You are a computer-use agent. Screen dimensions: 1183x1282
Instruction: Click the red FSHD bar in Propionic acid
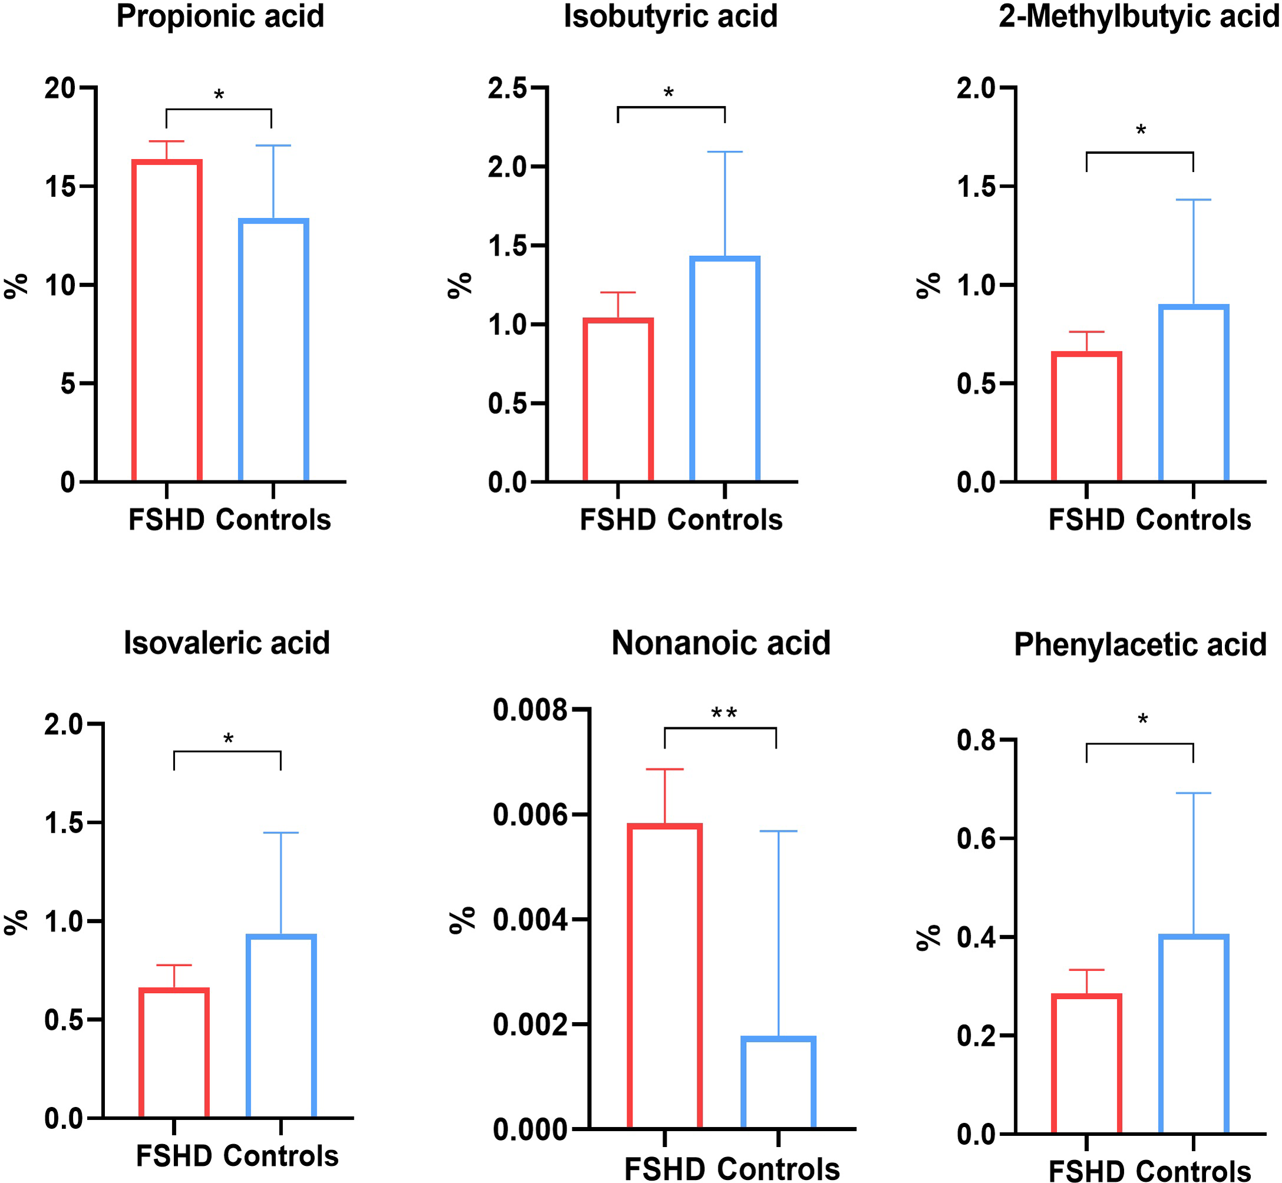[x=167, y=320]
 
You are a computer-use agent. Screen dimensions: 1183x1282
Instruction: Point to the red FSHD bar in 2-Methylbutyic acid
[x=1086, y=417]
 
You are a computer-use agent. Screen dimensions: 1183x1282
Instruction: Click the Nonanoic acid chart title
[x=721, y=642]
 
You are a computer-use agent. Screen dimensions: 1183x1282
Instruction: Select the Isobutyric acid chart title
[x=670, y=16]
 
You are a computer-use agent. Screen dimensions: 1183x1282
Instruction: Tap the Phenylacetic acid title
[x=1140, y=645]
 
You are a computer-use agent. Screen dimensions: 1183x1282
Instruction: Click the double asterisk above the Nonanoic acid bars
[x=724, y=713]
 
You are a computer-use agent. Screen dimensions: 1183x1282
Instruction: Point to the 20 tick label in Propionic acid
[x=60, y=88]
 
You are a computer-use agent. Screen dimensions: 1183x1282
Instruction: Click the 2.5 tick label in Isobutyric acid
[x=507, y=88]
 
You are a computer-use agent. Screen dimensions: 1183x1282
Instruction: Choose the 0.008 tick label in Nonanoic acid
[x=530, y=711]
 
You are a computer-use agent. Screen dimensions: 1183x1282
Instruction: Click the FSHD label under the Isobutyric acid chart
[x=618, y=520]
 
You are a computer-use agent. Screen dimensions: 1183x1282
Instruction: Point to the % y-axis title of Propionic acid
[x=16, y=285]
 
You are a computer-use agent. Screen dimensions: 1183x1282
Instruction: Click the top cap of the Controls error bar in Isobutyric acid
[x=724, y=152]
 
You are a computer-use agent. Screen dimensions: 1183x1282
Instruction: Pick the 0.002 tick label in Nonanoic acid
[x=530, y=1025]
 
